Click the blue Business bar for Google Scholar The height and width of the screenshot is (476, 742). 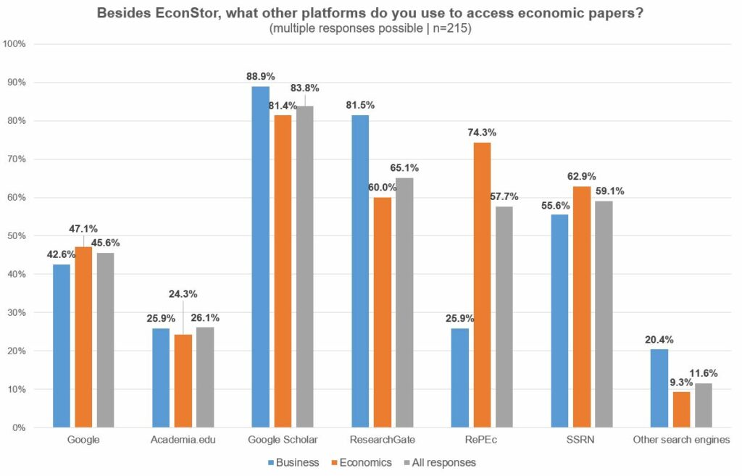pyautogui.click(x=260, y=257)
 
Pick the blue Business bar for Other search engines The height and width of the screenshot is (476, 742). pyautogui.click(x=659, y=388)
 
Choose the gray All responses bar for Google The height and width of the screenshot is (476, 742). pyautogui.click(x=105, y=340)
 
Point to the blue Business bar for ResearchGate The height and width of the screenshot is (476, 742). pyautogui.click(x=360, y=271)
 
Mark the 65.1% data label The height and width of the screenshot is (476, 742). pyautogui.click(x=405, y=167)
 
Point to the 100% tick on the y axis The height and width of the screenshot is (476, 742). pyautogui.click(x=15, y=44)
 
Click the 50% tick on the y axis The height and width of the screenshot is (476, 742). pyautogui.click(x=17, y=236)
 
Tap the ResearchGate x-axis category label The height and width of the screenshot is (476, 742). pyautogui.click(x=382, y=439)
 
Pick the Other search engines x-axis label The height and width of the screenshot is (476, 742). pyautogui.click(x=680, y=439)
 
